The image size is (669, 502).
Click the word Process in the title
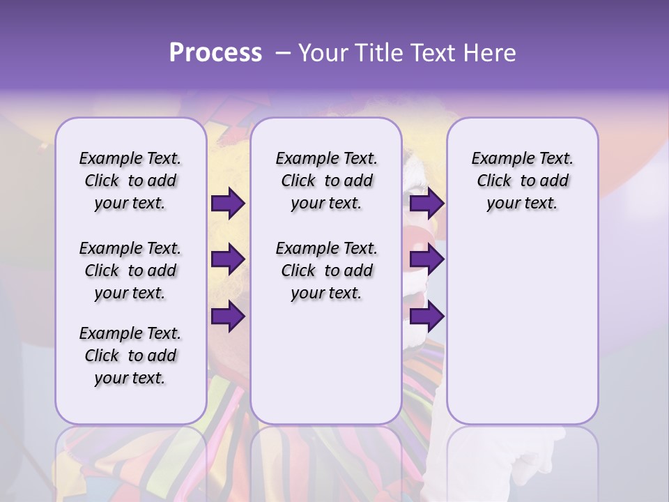point(215,53)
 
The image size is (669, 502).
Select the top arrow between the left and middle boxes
point(228,204)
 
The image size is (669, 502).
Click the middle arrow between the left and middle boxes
point(228,259)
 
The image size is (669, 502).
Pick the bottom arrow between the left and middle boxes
point(228,317)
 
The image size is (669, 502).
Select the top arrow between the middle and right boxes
point(426,204)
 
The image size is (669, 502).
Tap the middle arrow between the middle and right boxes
point(426,259)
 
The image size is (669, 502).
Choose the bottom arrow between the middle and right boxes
point(426,317)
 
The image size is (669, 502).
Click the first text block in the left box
point(130,181)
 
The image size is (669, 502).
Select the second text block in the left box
point(130,271)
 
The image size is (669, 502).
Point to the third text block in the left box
point(130,356)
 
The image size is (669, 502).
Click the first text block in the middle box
point(326,181)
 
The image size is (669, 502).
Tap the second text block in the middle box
point(326,271)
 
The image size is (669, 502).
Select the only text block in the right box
point(522,181)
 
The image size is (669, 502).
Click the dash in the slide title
point(283,53)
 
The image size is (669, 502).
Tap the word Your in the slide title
point(321,53)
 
